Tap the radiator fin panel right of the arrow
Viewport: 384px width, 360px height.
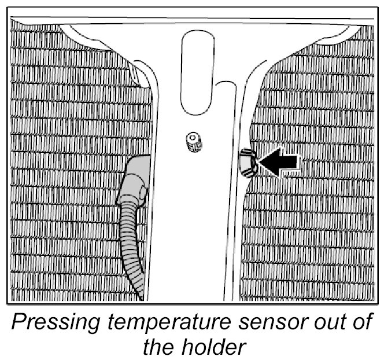pos(324,220)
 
